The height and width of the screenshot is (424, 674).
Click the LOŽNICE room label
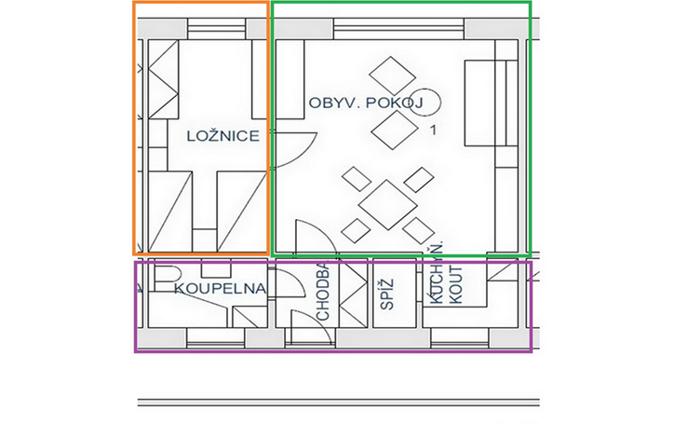click(223, 136)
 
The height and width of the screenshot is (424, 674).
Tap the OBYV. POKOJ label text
click(366, 103)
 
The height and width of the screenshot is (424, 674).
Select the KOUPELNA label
click(220, 288)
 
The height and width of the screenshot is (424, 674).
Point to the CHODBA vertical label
click(322, 292)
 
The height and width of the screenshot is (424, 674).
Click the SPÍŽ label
click(387, 294)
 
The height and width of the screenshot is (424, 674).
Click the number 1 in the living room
click(433, 130)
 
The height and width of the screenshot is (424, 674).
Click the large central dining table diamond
click(387, 205)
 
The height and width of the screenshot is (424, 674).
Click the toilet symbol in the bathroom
click(166, 279)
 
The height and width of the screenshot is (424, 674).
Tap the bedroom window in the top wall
click(216, 29)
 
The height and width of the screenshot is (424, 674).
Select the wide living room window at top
click(398, 29)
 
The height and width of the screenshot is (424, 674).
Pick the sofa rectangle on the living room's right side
click(491, 103)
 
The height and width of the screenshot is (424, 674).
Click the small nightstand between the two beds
click(204, 240)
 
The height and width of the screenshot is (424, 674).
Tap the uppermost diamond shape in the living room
click(392, 76)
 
